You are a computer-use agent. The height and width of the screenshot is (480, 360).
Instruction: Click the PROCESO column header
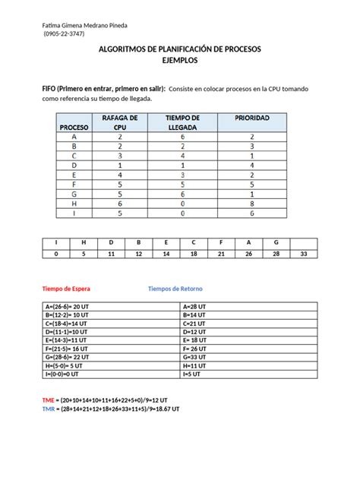pos(74,127)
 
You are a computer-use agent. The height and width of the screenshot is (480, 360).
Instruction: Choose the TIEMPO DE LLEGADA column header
pos(182,122)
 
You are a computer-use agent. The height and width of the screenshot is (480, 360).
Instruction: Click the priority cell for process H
pos(251,204)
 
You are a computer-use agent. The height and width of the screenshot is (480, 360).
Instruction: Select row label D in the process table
pos(74,164)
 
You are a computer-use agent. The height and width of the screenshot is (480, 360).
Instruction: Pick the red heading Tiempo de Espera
pos(67,289)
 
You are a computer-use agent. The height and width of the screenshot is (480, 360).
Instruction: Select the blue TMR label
pos(49,409)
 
